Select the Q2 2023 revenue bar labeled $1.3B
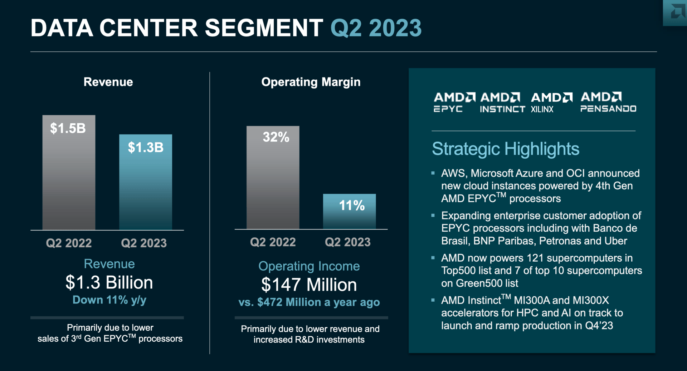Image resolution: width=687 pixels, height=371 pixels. [x=145, y=182]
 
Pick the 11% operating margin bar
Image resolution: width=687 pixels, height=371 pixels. [x=349, y=211]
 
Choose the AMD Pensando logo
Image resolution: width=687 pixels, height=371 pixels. [x=608, y=102]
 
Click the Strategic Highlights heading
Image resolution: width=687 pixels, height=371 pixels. [x=505, y=149]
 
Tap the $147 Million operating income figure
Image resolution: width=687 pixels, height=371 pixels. [x=309, y=285]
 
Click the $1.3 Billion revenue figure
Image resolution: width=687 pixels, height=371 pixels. [x=109, y=282]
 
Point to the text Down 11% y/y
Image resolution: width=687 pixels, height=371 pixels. [x=109, y=300]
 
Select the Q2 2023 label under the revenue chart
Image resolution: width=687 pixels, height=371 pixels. [x=144, y=243]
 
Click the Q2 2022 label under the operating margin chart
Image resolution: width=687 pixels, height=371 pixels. [x=273, y=242]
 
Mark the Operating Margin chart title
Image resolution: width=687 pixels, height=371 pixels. [x=311, y=82]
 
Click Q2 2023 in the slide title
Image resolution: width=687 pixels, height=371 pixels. [x=376, y=28]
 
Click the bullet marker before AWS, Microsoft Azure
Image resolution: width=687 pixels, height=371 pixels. [x=433, y=173]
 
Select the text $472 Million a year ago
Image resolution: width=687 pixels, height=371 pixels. [x=318, y=302]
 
